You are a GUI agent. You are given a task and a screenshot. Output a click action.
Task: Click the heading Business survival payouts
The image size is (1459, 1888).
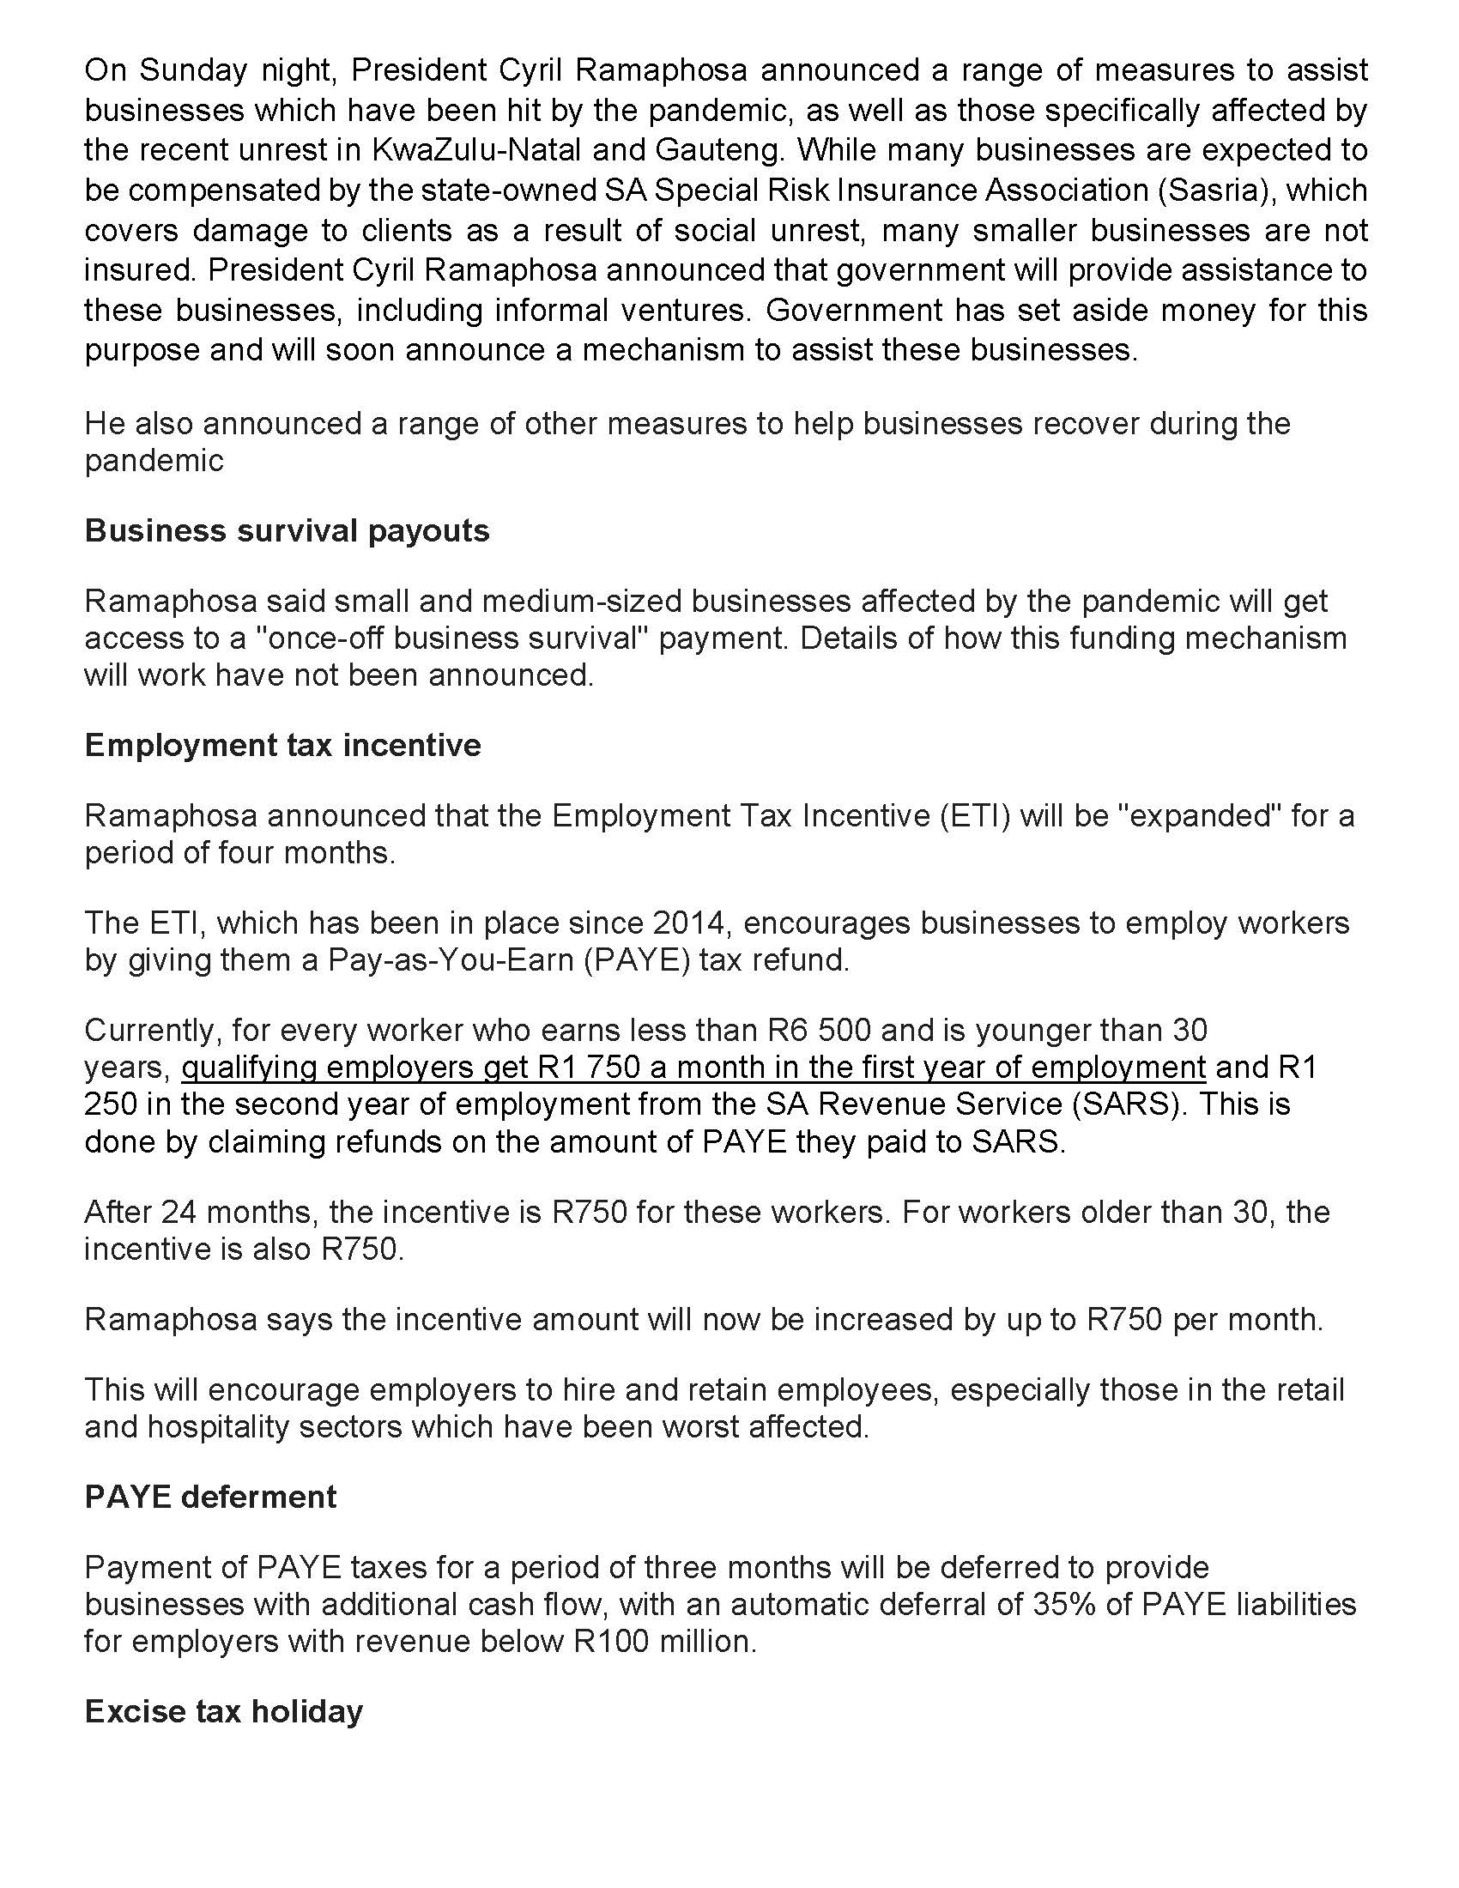(x=287, y=530)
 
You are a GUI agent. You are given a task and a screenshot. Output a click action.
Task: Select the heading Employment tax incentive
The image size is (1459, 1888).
(x=282, y=745)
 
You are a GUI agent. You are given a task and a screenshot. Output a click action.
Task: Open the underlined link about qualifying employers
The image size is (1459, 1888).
(x=693, y=1068)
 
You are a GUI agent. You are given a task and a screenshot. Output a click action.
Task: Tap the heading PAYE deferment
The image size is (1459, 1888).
(x=210, y=1498)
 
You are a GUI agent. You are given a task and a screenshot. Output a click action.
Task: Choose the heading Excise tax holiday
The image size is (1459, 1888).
(x=224, y=1712)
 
